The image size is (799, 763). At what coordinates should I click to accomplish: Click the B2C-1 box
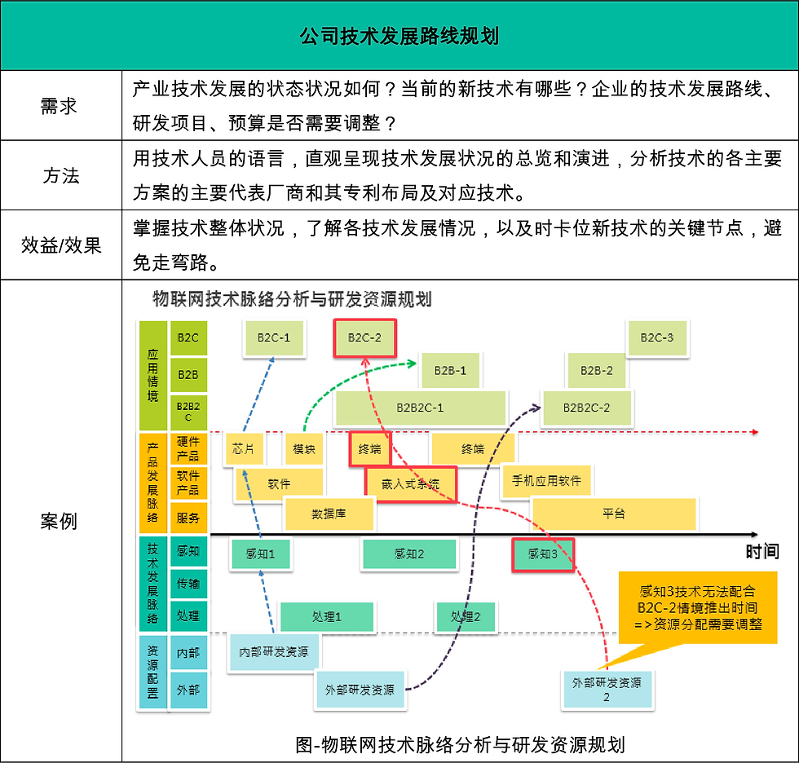click(274, 337)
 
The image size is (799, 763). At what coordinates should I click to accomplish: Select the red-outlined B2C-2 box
click(364, 337)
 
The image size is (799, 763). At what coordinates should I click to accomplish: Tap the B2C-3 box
click(656, 337)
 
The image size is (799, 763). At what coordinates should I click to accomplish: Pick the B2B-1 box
click(450, 371)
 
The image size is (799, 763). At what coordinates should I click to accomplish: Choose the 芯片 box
click(243, 449)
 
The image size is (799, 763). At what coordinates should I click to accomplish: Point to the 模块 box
click(304, 449)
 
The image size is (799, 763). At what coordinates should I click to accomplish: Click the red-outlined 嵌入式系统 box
click(410, 484)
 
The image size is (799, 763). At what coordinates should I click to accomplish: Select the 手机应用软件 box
click(547, 481)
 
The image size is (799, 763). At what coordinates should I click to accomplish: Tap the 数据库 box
click(329, 514)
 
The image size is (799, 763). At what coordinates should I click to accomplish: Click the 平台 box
click(614, 514)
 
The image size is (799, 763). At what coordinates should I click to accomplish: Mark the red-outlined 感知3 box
click(542, 554)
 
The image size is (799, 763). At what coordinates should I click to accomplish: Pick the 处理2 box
click(466, 617)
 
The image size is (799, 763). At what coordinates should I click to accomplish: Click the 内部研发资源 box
click(274, 652)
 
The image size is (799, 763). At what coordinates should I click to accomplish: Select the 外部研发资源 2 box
click(607, 689)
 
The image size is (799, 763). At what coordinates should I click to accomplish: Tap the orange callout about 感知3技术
click(698, 608)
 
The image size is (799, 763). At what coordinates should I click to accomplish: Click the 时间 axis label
click(762, 552)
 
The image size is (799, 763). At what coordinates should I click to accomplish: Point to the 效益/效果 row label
click(61, 245)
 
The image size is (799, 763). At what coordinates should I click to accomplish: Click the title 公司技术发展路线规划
click(399, 37)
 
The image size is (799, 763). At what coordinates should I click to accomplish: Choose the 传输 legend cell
click(188, 584)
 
